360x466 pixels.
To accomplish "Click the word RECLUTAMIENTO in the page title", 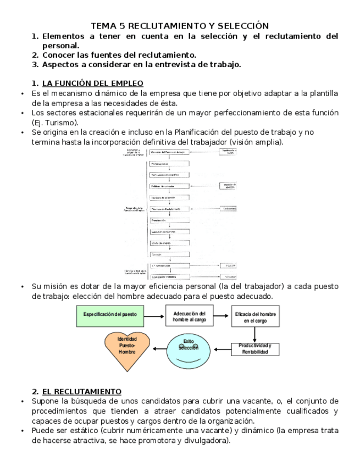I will coord(158,26).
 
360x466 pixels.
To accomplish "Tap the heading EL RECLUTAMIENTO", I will coord(82,391).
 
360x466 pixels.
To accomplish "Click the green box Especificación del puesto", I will coord(110,314).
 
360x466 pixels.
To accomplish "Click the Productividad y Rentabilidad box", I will coord(255,348).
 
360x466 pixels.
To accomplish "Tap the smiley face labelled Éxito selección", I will coord(187,350).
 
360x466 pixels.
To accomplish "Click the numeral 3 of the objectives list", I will coord(34,65).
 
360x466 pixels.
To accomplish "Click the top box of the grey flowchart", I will coord(169,152).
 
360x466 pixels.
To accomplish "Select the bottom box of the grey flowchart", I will coord(169,276).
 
